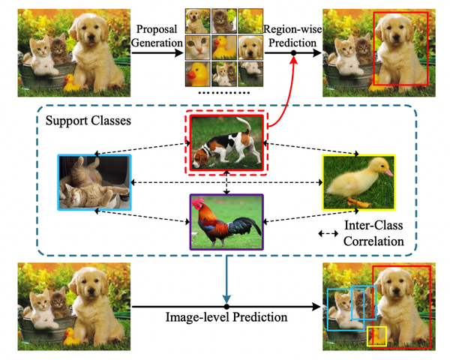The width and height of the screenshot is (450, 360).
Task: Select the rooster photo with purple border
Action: [x=226, y=221]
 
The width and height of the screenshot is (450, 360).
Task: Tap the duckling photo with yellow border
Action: [x=358, y=181]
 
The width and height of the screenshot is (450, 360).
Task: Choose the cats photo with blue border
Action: [x=94, y=182]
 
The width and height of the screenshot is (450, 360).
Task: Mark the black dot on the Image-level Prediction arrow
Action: [x=226, y=307]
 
